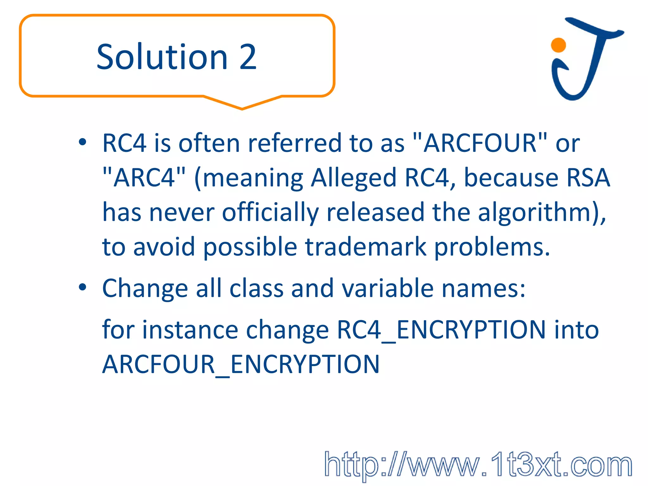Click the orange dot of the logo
[x=558, y=45]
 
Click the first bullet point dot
[x=83, y=142]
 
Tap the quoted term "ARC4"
[x=144, y=178]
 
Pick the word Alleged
[x=353, y=178]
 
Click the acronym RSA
[x=588, y=178]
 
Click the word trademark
[x=365, y=247]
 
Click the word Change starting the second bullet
[x=145, y=288]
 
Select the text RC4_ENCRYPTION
[x=441, y=330]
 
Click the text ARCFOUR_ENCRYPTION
[x=241, y=364]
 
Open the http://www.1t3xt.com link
[x=478, y=464]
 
